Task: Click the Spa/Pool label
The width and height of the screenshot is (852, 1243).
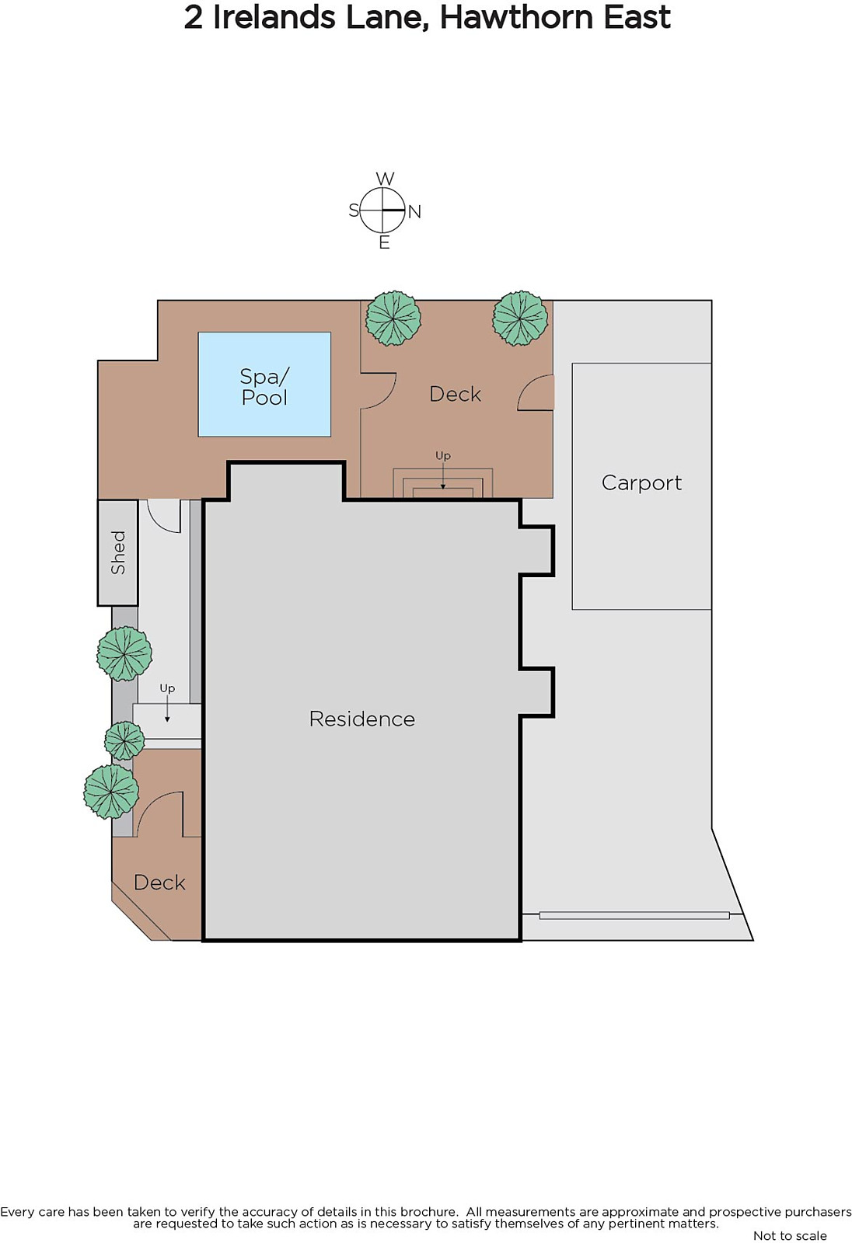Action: (x=264, y=386)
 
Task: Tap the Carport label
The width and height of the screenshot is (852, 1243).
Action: (x=641, y=482)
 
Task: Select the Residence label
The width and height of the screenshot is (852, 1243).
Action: (x=361, y=719)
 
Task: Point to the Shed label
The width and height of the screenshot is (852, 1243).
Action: (x=118, y=552)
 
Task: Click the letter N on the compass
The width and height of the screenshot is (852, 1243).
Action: (x=414, y=211)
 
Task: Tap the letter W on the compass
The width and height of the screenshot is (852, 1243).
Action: (x=385, y=179)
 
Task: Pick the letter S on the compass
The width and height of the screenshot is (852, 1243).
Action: (x=354, y=210)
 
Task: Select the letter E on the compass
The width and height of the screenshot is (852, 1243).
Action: (x=384, y=243)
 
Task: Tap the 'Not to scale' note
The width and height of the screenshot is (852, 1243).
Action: (x=789, y=1235)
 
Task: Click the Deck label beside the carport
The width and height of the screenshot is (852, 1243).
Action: (x=455, y=394)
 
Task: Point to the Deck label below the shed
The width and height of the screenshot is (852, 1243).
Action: (x=159, y=883)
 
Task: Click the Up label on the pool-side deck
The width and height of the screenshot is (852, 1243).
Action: (x=443, y=455)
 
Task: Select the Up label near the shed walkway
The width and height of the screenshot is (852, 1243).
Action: (x=167, y=688)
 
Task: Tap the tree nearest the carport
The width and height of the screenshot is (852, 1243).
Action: (x=520, y=319)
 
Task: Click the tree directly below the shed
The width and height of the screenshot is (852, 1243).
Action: (x=124, y=654)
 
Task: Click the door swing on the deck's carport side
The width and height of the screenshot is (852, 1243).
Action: (x=536, y=393)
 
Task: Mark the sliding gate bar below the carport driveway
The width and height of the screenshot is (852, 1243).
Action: (x=634, y=915)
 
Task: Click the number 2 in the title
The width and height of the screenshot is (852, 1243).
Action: (x=194, y=17)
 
